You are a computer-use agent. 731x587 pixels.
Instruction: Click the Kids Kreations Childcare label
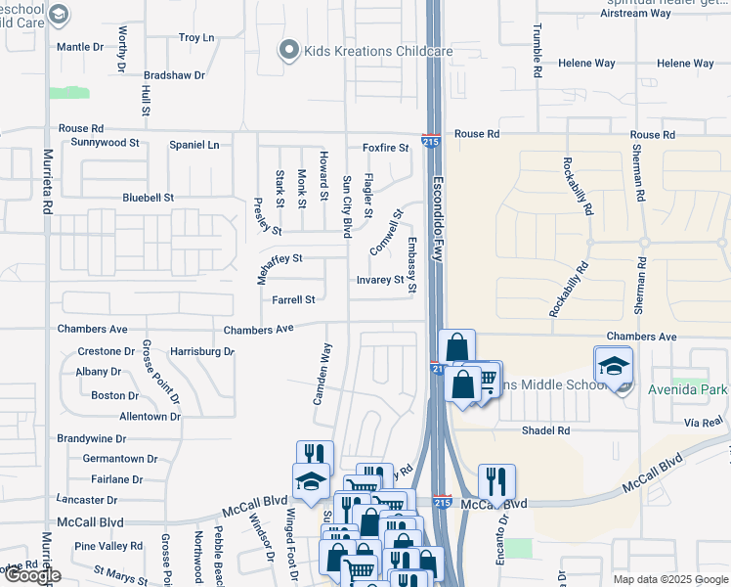tap(364, 51)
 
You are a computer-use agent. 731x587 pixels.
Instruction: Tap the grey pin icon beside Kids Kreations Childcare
tap(288, 50)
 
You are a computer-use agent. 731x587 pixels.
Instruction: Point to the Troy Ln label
tap(196, 38)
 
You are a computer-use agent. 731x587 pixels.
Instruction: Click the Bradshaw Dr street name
tap(174, 75)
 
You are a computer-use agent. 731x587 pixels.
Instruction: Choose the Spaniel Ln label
tap(194, 145)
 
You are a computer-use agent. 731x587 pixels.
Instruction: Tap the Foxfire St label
tap(385, 148)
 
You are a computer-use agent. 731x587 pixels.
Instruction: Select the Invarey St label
tap(379, 280)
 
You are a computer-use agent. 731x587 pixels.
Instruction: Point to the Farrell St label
tap(293, 300)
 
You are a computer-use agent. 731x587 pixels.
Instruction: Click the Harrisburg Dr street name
tap(202, 350)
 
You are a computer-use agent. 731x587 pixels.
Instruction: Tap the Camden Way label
tap(322, 374)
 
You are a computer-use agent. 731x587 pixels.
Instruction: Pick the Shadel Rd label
tap(545, 429)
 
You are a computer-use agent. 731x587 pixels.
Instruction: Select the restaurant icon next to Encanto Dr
tap(496, 480)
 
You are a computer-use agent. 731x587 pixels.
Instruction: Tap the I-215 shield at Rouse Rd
tap(430, 142)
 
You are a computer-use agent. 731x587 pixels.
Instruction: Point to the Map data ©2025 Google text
tap(670, 579)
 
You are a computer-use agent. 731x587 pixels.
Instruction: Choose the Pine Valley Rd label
tap(108, 546)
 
